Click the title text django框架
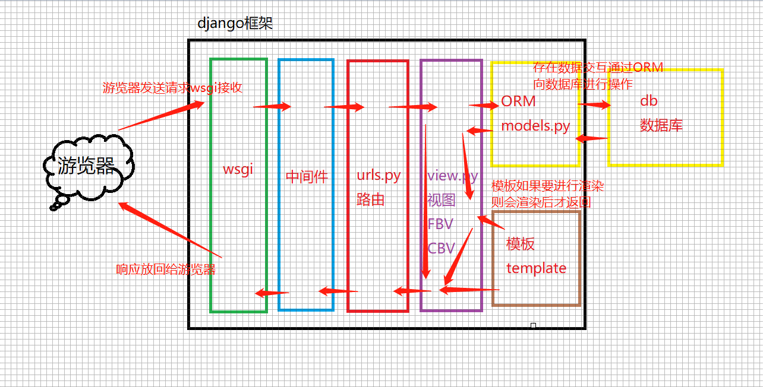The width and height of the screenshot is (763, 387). (x=235, y=24)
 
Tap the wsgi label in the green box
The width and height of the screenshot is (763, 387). (x=238, y=169)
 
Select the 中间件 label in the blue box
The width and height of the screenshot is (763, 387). (x=307, y=177)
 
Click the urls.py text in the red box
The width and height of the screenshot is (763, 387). (x=379, y=176)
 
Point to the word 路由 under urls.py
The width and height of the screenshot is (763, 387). (x=370, y=199)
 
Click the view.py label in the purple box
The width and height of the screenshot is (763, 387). (x=452, y=176)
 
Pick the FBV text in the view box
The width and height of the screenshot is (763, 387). (x=440, y=224)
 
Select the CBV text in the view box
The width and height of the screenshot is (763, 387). (x=441, y=248)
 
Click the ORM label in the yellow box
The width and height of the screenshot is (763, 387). (x=518, y=101)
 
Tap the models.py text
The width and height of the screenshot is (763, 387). (x=535, y=126)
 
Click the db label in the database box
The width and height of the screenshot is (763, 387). (x=648, y=101)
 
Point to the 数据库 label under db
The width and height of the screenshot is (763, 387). (x=661, y=125)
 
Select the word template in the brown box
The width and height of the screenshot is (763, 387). (x=536, y=268)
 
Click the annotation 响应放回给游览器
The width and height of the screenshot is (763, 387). (x=166, y=269)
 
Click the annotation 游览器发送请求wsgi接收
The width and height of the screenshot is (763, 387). (x=172, y=88)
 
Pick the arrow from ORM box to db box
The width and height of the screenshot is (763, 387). (x=594, y=105)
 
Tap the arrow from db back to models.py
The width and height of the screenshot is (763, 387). (x=592, y=139)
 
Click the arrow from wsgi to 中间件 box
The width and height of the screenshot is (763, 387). (x=272, y=107)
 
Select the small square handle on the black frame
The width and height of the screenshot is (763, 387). (x=533, y=325)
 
